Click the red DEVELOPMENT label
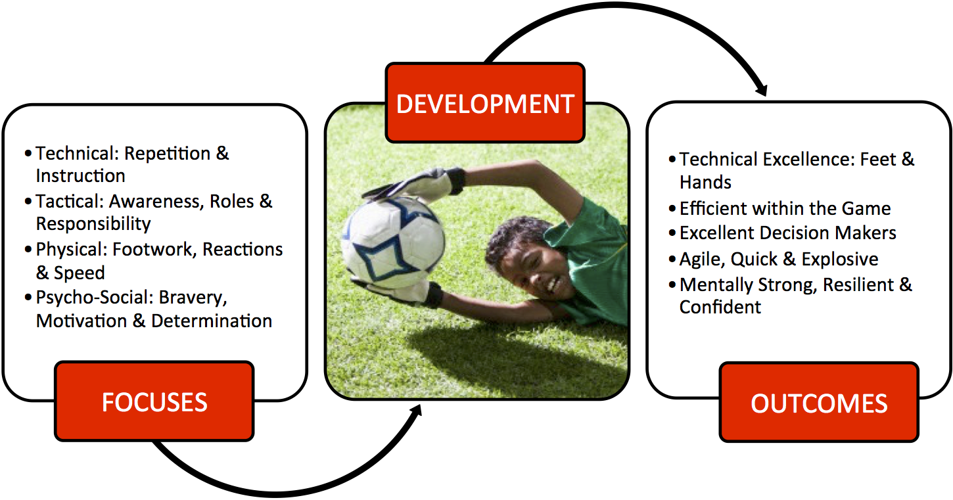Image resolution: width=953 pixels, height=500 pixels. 485,103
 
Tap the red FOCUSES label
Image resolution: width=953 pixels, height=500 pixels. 154,401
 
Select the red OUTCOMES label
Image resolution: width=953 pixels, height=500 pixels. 819,403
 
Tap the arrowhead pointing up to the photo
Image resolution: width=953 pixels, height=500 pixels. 415,411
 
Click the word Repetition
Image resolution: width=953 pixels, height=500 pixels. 167,154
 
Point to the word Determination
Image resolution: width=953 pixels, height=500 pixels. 212,321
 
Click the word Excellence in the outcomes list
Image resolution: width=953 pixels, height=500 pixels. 810,160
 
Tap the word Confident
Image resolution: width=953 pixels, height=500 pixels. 720,307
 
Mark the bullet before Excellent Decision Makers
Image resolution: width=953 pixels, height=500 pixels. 672,234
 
